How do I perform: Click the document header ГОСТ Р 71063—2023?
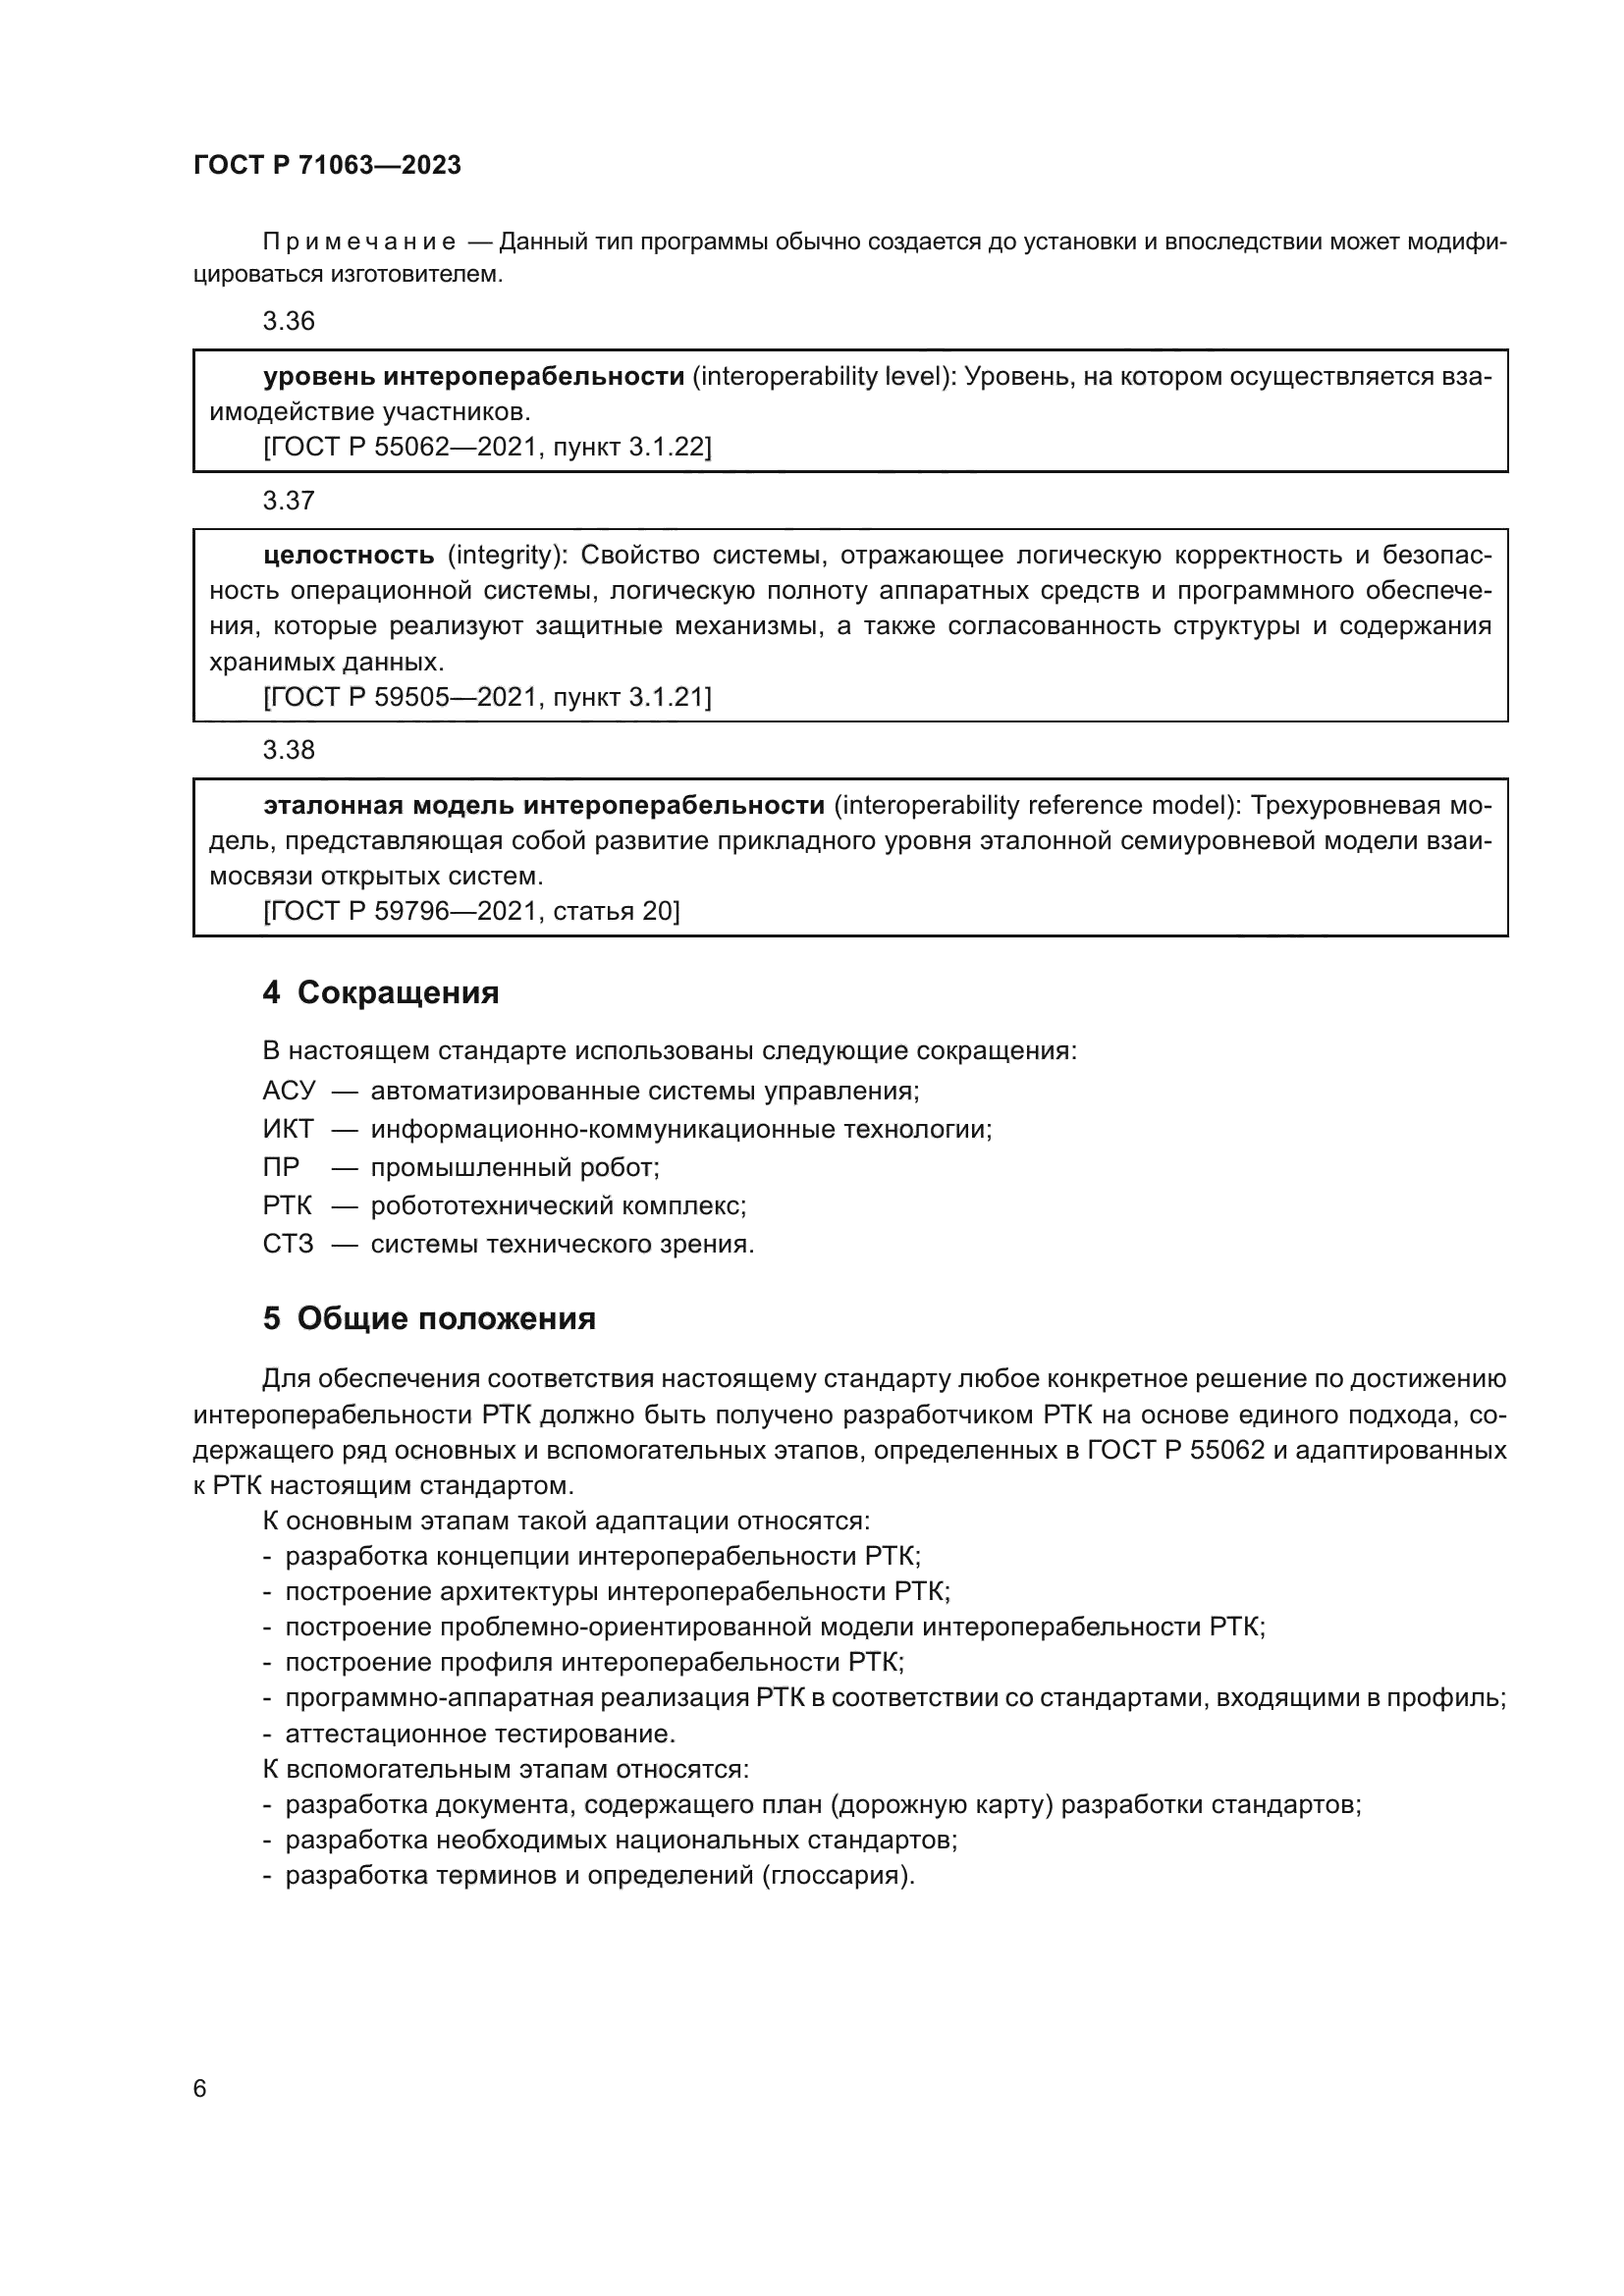click(327, 165)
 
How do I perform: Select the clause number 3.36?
click(288, 321)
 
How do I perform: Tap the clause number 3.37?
click(288, 501)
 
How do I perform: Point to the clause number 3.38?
click(288, 750)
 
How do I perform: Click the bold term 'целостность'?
click(349, 555)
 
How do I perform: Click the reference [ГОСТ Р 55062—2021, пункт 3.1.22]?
click(487, 447)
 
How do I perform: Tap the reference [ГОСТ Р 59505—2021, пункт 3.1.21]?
click(487, 697)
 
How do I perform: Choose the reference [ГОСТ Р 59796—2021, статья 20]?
click(471, 911)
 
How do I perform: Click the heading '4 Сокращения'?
click(380, 993)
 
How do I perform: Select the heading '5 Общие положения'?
click(429, 1319)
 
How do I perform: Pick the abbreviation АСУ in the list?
click(288, 1091)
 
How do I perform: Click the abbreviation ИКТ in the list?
click(288, 1129)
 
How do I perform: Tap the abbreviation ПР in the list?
click(281, 1167)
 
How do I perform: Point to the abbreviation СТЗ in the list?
click(288, 1244)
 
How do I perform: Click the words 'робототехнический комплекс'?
click(558, 1206)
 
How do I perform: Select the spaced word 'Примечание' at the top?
click(359, 242)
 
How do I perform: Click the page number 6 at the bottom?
click(200, 2089)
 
